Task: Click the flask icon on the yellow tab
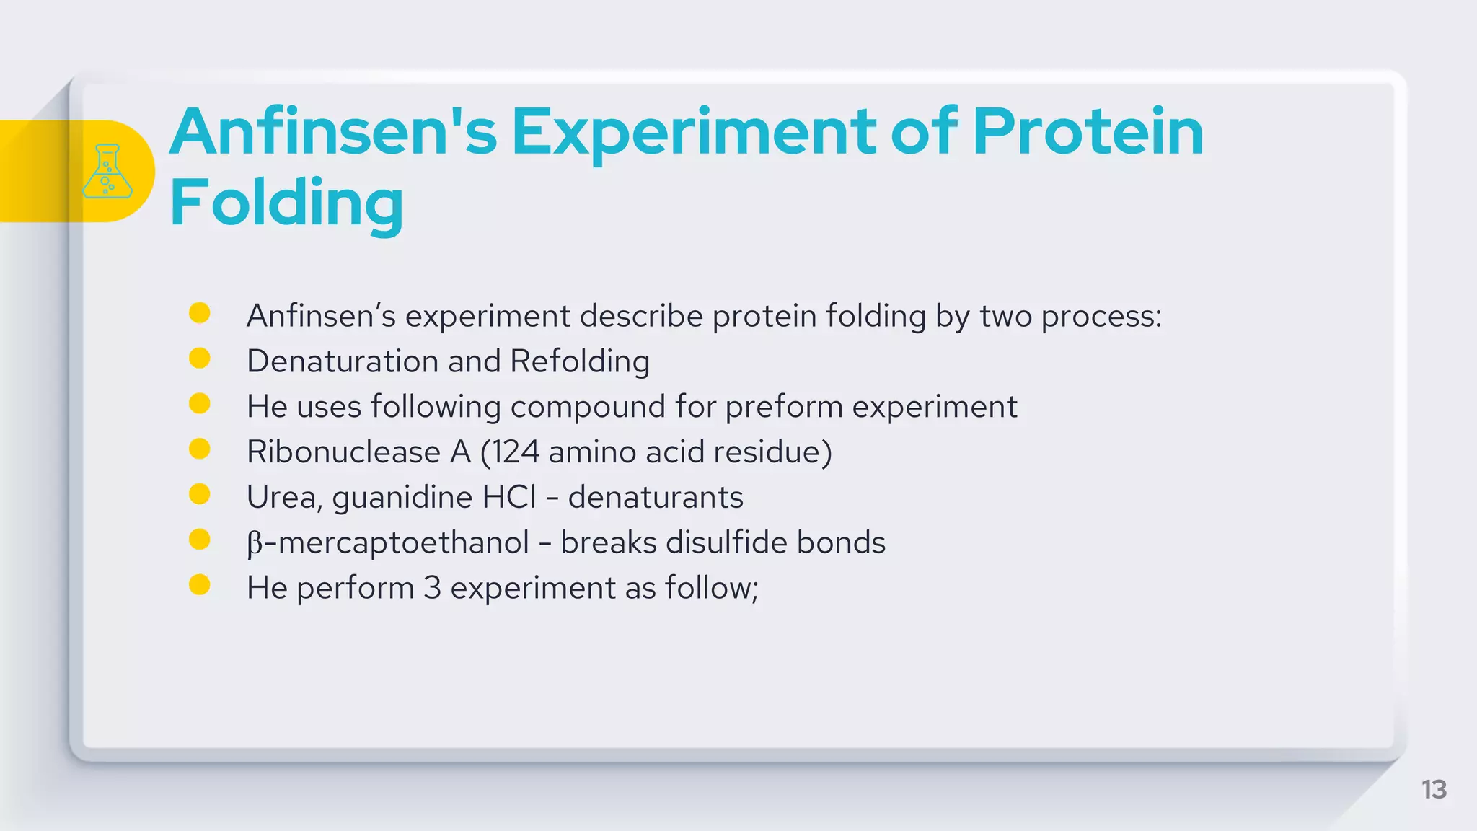[107, 171]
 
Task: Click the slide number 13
[1434, 789]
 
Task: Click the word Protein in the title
[1088, 132]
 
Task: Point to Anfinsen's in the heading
[333, 132]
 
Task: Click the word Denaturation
[342, 361]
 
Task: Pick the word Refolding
[580, 361]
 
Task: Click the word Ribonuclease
[343, 452]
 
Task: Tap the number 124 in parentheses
[516, 452]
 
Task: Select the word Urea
[282, 498]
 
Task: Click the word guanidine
[402, 498]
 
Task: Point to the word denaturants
[655, 498]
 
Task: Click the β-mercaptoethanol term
[388, 543]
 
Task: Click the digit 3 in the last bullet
[432, 588]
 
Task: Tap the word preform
[784, 407]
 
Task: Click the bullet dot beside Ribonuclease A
[199, 449]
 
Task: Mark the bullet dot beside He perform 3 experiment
[199, 585]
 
